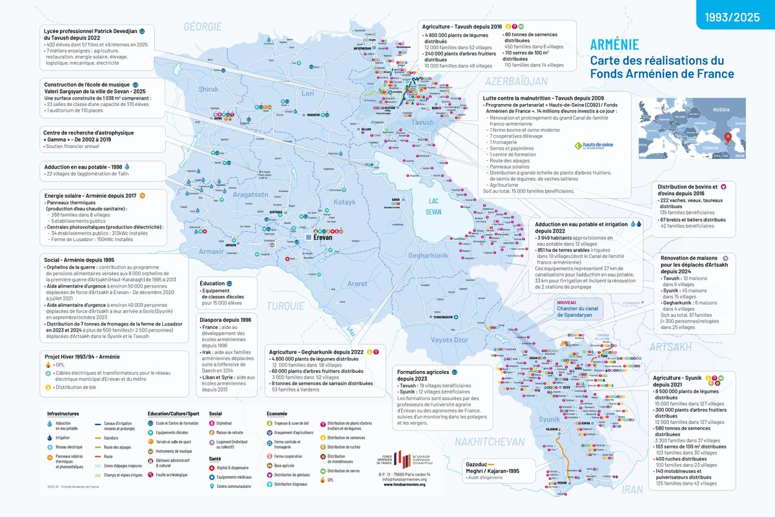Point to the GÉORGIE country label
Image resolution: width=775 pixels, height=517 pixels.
pyautogui.click(x=202, y=26)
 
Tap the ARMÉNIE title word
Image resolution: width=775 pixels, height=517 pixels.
pyautogui.click(x=614, y=45)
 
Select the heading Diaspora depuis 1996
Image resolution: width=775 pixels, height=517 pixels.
pyautogui.click(x=225, y=320)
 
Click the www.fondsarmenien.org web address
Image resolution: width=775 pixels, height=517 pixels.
pyautogui.click(x=400, y=484)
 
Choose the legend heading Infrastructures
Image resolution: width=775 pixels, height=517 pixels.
pyautogui.click(x=67, y=413)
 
